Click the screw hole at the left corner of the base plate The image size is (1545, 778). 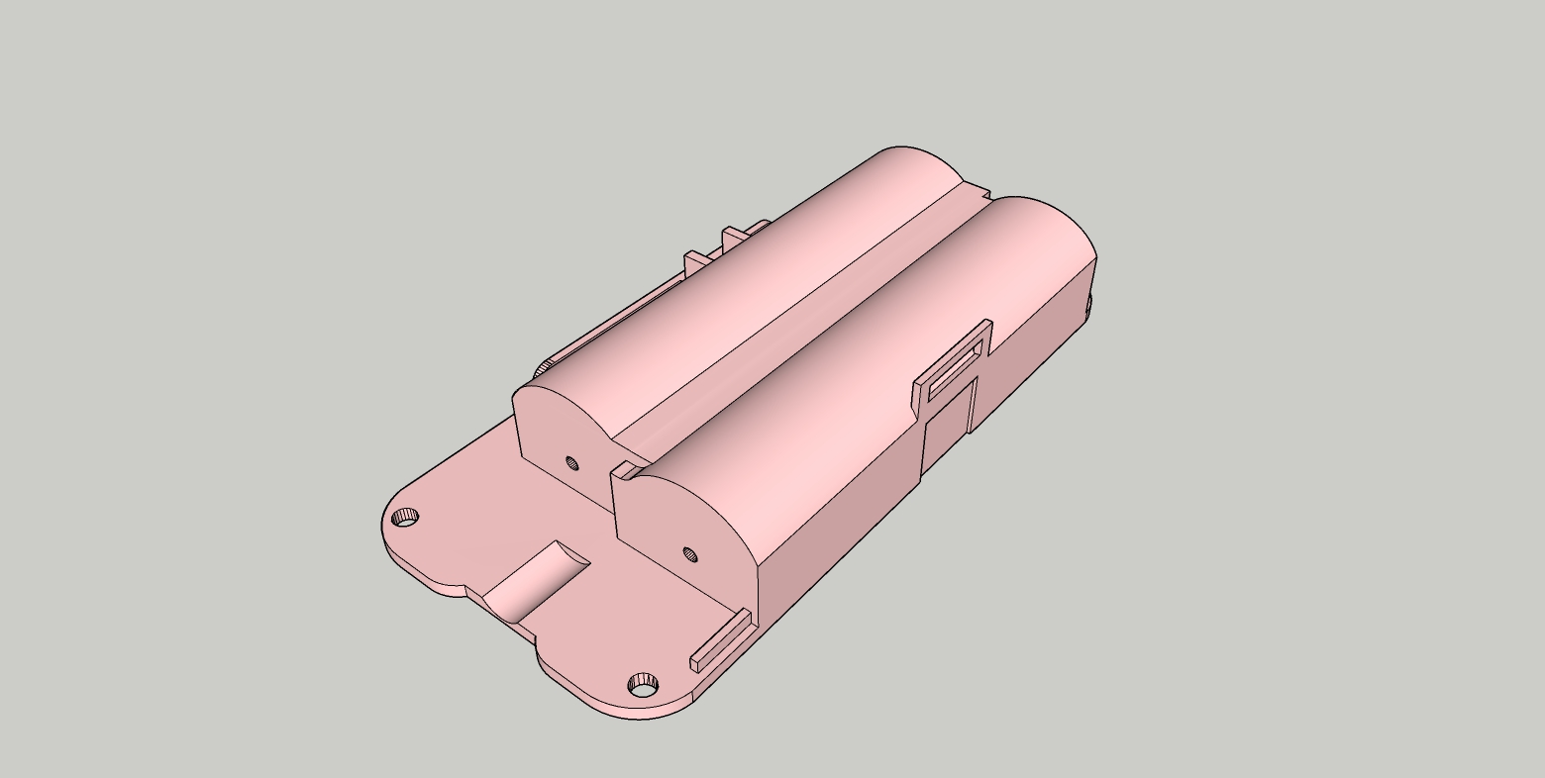coord(405,518)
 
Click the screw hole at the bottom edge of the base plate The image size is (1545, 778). coord(644,684)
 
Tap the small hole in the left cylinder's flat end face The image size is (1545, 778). coord(571,462)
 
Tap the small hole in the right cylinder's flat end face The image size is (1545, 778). coord(690,553)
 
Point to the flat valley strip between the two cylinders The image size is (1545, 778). coord(792,327)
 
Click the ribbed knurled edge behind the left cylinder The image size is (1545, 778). coord(543,368)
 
